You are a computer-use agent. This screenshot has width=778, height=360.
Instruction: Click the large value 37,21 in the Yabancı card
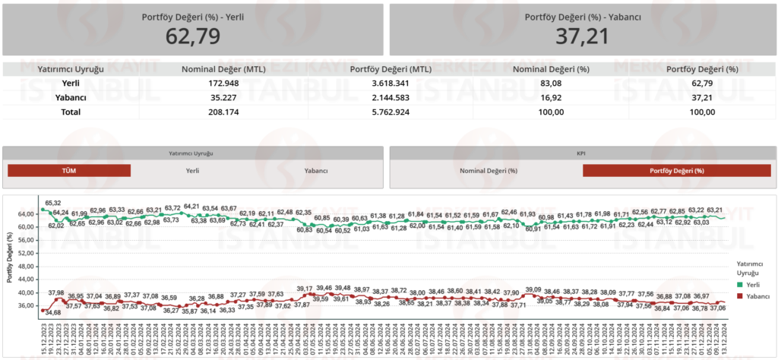coord(583,35)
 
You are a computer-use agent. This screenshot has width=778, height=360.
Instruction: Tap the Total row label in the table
coord(70,112)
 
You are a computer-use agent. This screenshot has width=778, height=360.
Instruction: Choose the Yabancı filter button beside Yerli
coord(315,171)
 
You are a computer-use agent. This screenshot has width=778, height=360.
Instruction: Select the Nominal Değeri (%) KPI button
coord(488,171)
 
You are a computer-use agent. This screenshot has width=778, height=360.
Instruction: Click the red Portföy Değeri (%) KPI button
coord(677,171)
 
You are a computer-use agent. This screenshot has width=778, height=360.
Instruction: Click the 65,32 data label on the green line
coord(53,203)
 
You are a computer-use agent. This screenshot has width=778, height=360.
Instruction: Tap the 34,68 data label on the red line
coord(53,312)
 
